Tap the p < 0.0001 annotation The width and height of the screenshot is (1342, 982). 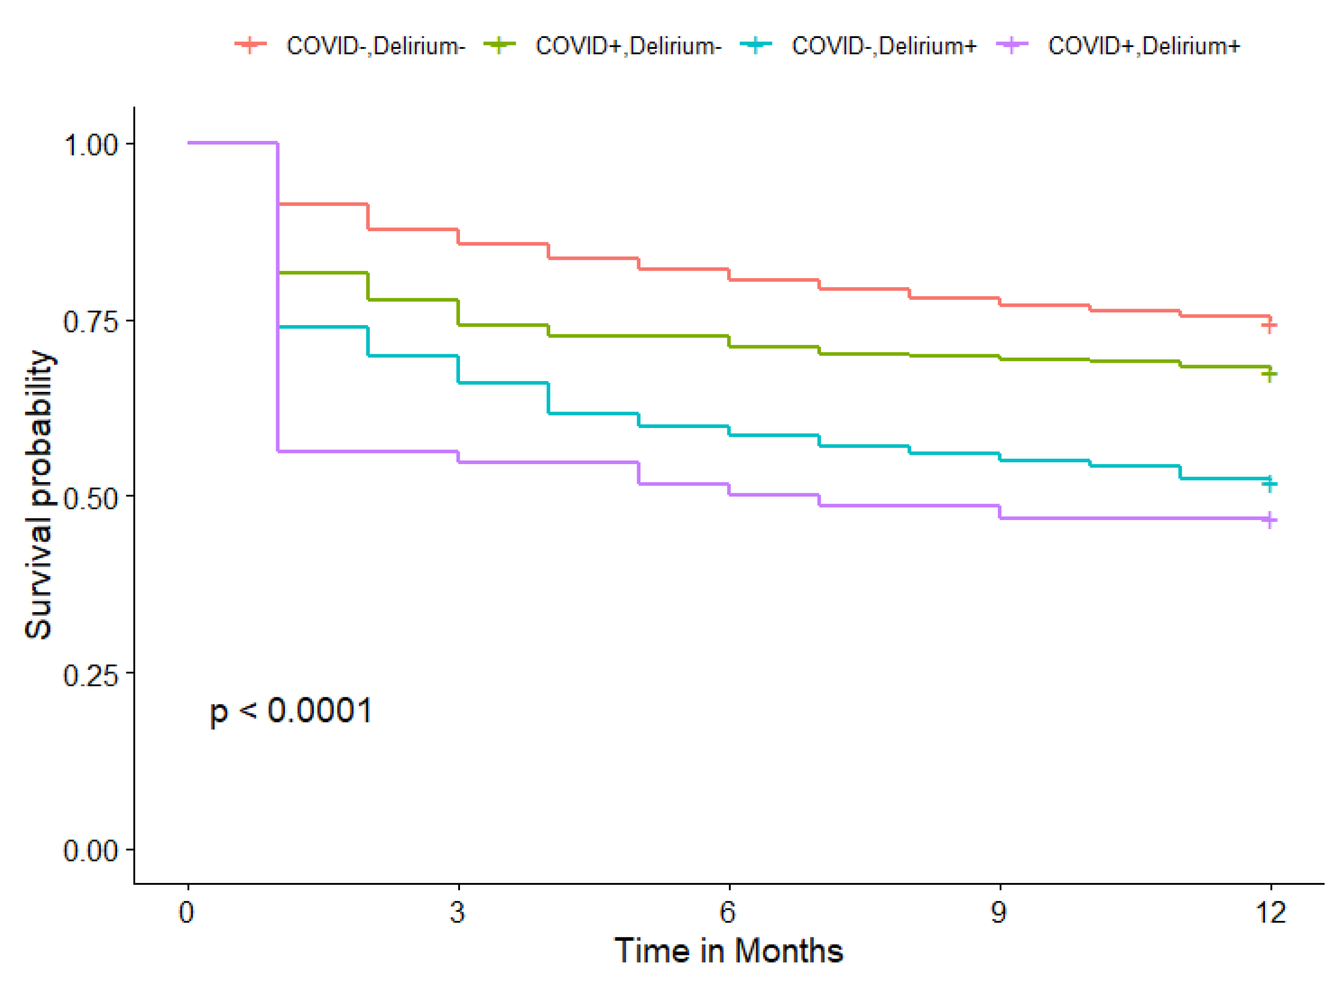pyautogui.click(x=291, y=711)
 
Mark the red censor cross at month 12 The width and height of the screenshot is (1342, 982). pyautogui.click(x=1269, y=326)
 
